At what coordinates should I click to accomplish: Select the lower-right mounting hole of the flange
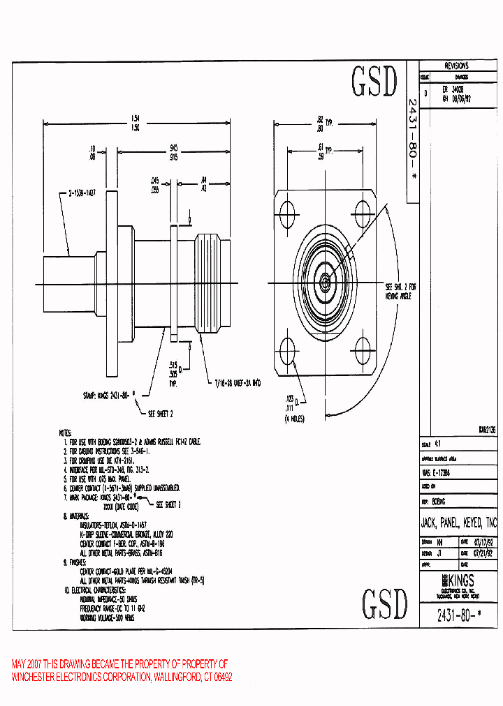pyautogui.click(x=363, y=348)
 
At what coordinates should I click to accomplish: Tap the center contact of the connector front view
pyautogui.click(x=326, y=282)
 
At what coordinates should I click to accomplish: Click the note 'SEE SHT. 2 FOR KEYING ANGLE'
pyautogui.click(x=400, y=292)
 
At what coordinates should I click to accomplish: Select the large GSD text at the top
pyautogui.click(x=373, y=82)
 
